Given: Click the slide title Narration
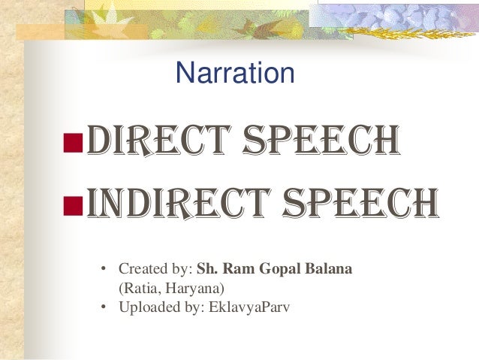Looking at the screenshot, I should point(234,73).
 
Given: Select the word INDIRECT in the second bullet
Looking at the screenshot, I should point(169,201).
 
